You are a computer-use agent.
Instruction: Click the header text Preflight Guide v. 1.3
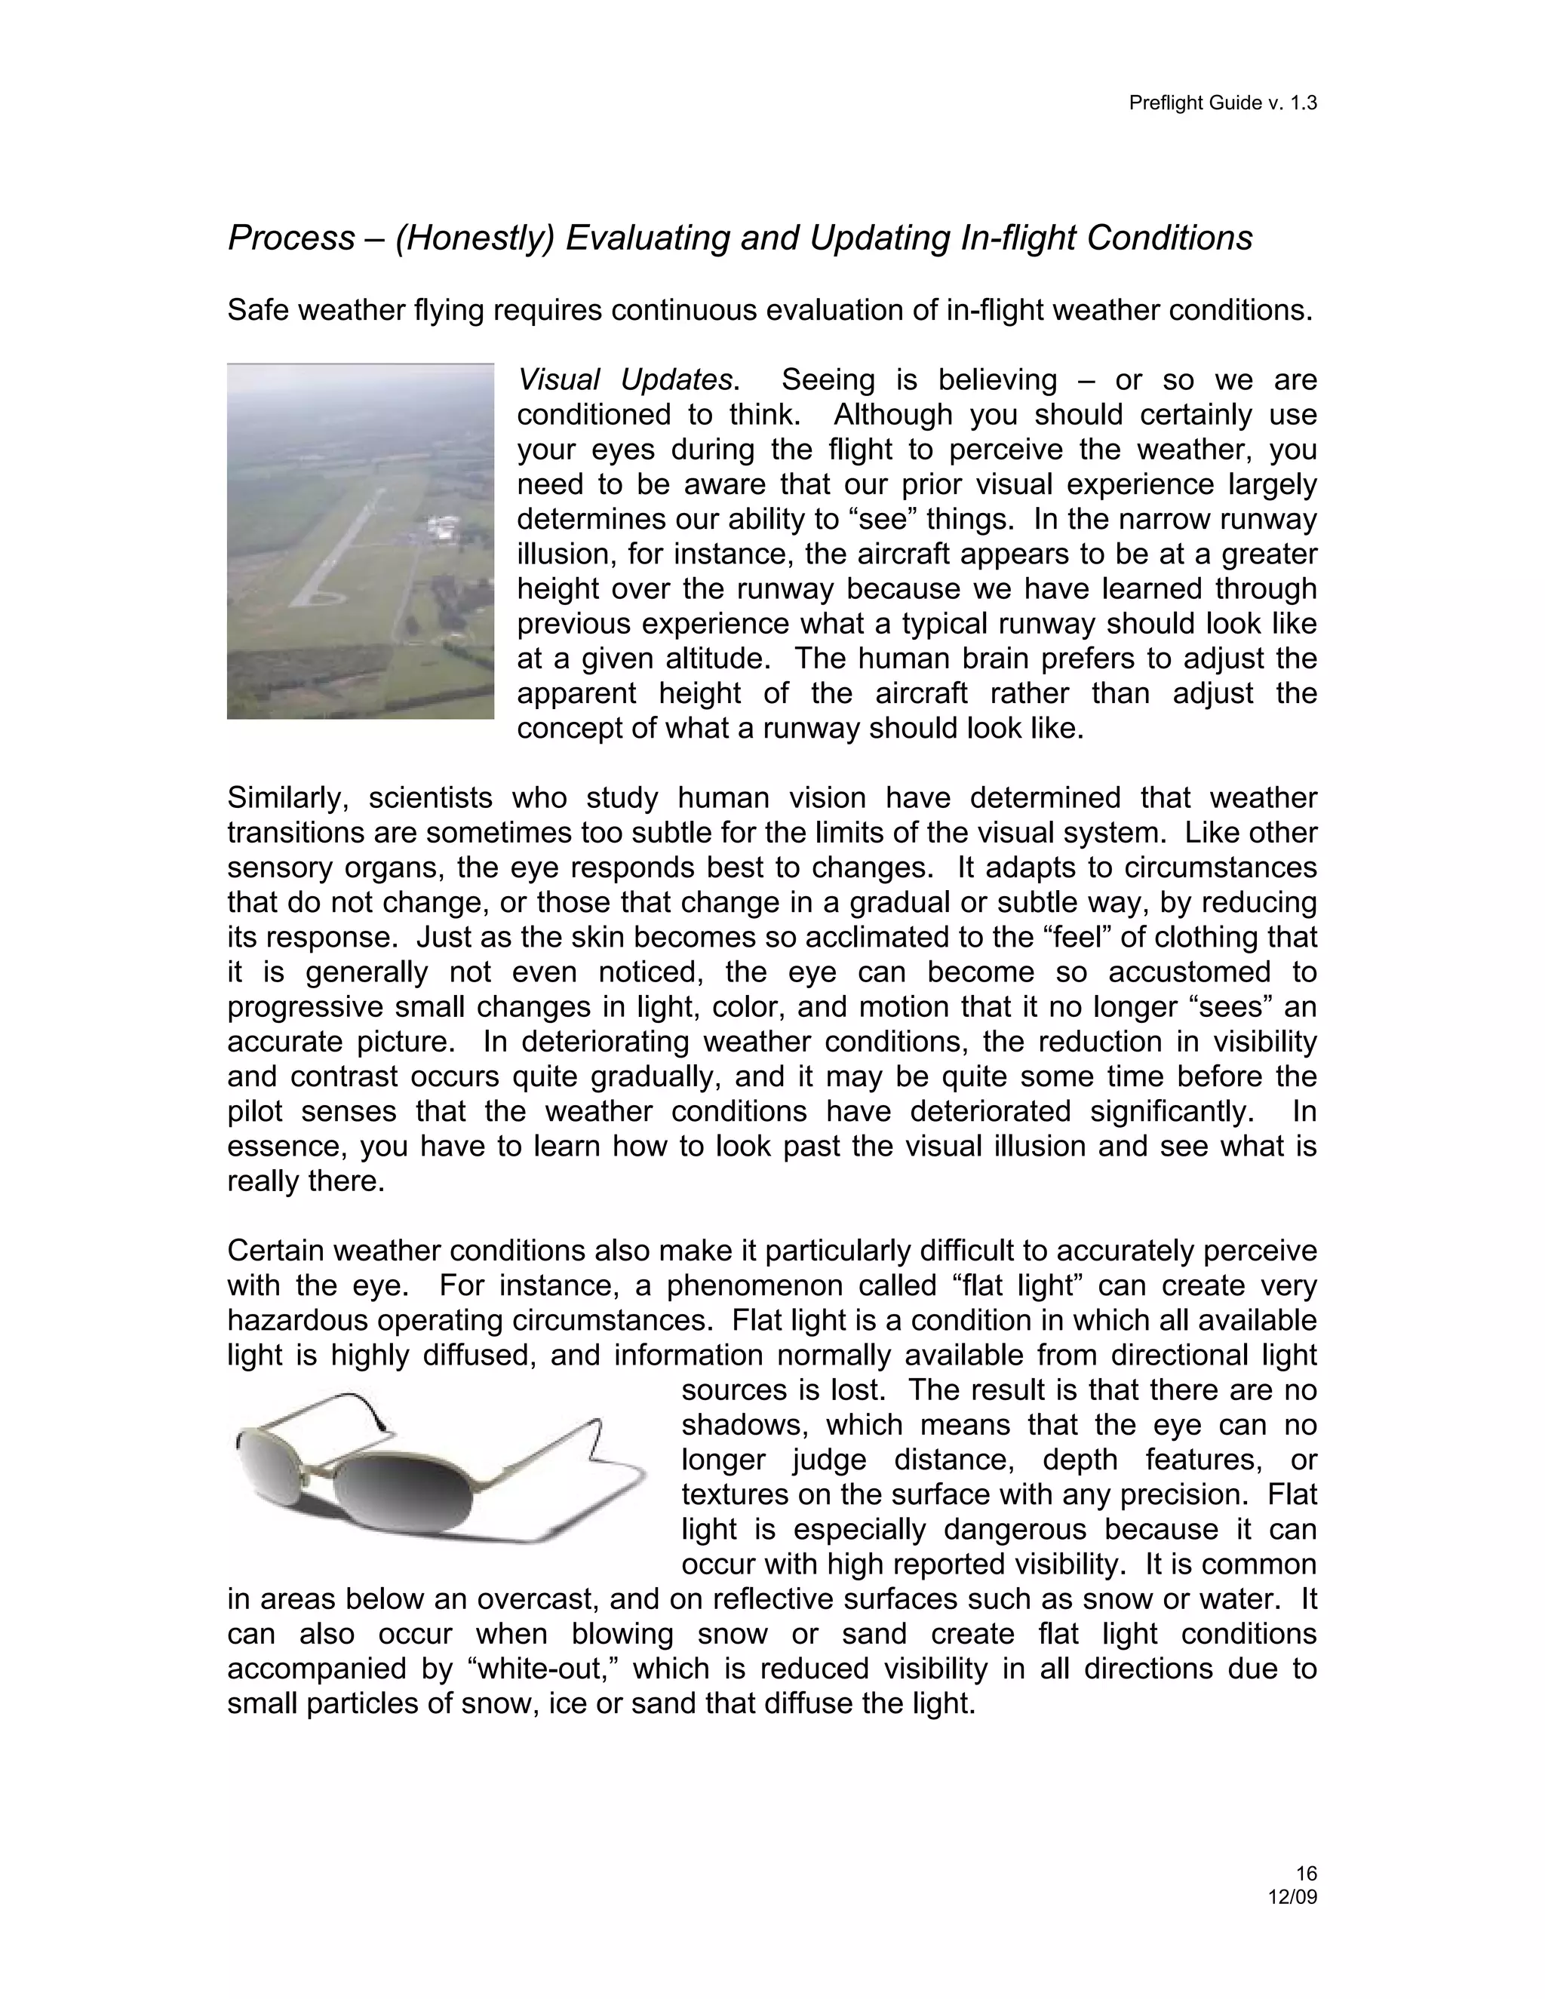pyautogui.click(x=1222, y=103)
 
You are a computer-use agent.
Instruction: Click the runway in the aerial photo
pyautogui.click(x=339, y=549)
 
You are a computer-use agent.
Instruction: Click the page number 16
pyautogui.click(x=1306, y=1873)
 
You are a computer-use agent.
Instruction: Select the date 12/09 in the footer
pyautogui.click(x=1292, y=1896)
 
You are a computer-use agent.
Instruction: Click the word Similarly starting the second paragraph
pyautogui.click(x=287, y=798)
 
